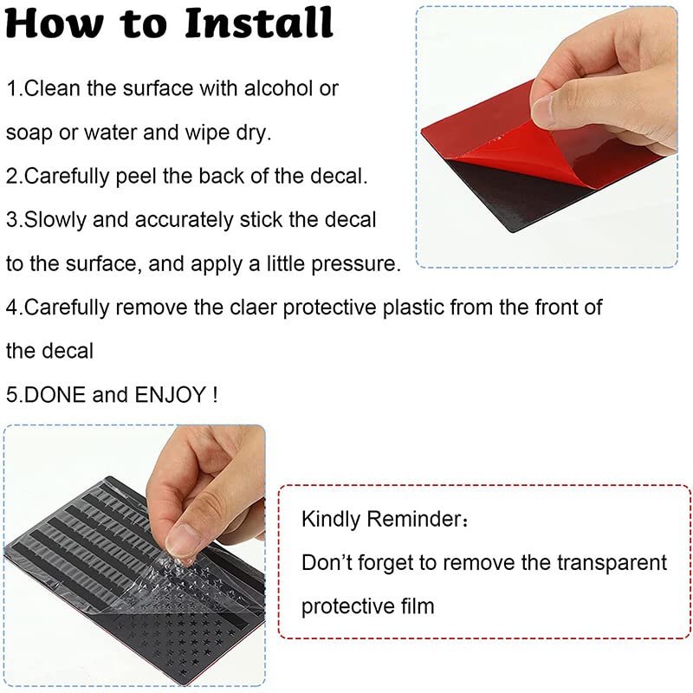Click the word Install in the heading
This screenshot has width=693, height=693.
click(259, 23)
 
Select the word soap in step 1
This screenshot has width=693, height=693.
click(29, 133)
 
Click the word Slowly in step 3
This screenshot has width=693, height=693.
click(55, 220)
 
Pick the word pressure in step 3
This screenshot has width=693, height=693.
click(356, 264)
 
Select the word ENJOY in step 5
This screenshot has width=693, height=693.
click(170, 395)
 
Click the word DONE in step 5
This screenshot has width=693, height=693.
click(55, 395)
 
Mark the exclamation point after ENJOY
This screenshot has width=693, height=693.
click(215, 395)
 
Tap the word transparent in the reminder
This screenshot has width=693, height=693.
click(612, 562)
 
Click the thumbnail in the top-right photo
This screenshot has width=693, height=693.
click(550, 111)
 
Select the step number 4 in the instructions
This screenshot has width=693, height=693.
click(12, 308)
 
